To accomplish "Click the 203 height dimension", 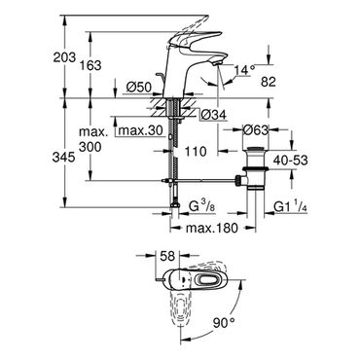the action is pyautogui.click(x=64, y=58).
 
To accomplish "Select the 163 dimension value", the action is pyautogui.click(x=90, y=65).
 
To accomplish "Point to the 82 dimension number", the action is pyautogui.click(x=269, y=82).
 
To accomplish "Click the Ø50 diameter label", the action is pyautogui.click(x=139, y=87).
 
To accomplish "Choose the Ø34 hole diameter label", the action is pyautogui.click(x=213, y=115).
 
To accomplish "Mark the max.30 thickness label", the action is pyautogui.click(x=140, y=130).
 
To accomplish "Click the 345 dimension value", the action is pyautogui.click(x=64, y=158).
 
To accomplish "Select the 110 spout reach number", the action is pyautogui.click(x=196, y=151).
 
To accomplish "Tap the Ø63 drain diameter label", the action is pyautogui.click(x=256, y=130).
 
